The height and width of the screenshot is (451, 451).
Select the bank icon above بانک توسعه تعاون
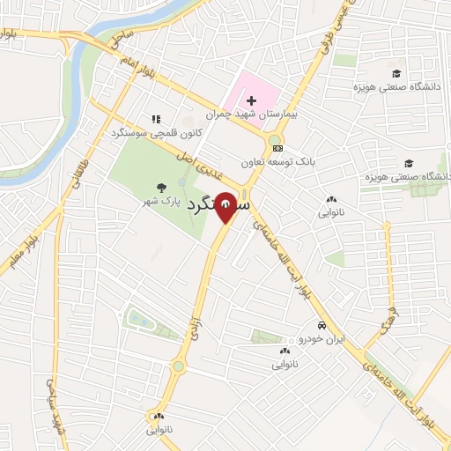click(x=278, y=148)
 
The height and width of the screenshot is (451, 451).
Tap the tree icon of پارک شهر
click(x=160, y=187)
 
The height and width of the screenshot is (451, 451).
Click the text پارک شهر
click(x=165, y=202)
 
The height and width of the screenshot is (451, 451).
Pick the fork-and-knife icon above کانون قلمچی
click(x=156, y=119)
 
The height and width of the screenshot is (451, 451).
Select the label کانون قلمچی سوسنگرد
click(x=157, y=133)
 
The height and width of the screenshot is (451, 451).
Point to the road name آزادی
click(x=198, y=314)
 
